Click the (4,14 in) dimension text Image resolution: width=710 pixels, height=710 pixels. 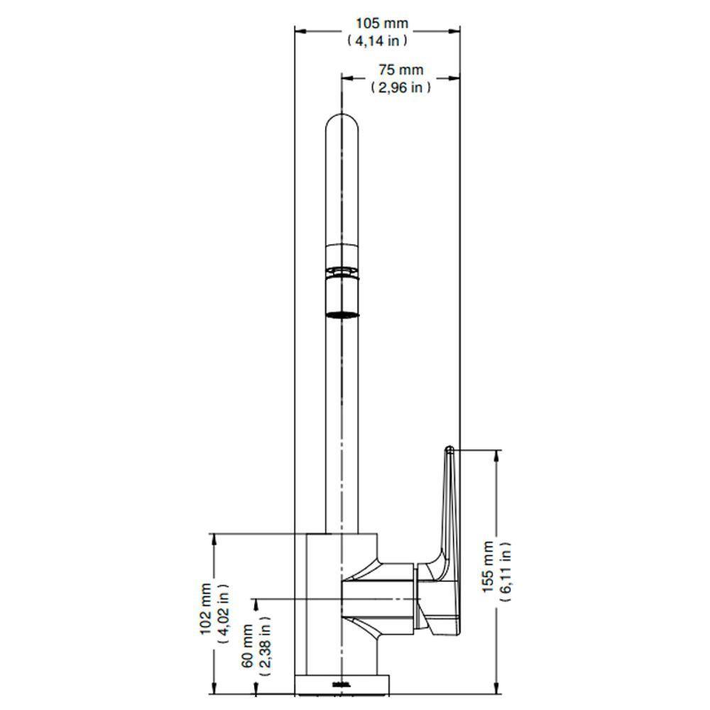pyautogui.click(x=377, y=40)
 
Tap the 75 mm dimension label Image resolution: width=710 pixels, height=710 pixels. pyautogui.click(x=400, y=70)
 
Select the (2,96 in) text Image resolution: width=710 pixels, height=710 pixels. pyautogui.click(x=400, y=87)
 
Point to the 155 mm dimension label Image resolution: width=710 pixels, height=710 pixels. pyautogui.click(x=488, y=569)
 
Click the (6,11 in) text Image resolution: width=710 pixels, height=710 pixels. pyautogui.click(x=506, y=570)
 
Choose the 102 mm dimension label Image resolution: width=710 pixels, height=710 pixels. pyautogui.click(x=206, y=608)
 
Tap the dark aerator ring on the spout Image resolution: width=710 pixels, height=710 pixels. pyautogui.click(x=342, y=312)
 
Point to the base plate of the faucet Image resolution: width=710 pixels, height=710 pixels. pyautogui.click(x=342, y=686)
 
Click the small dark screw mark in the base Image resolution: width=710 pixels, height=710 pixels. pyautogui.click(x=342, y=684)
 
